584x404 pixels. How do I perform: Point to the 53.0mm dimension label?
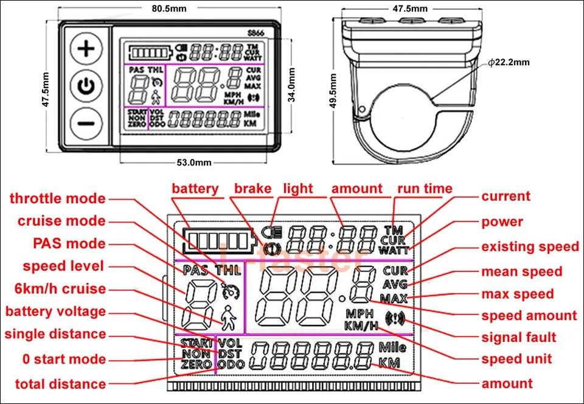pyautogui.click(x=194, y=162)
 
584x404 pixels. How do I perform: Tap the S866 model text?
pyautogui.click(x=255, y=33)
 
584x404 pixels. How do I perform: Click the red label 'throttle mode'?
pyautogui.click(x=57, y=198)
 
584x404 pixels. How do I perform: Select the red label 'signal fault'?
pyautogui.click(x=519, y=336)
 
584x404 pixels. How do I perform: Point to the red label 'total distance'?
pyautogui.click(x=60, y=384)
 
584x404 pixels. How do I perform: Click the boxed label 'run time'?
pyautogui.click(x=425, y=189)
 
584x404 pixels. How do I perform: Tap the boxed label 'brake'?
pyautogui.click(x=252, y=189)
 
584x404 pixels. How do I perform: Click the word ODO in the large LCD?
pyautogui.click(x=229, y=364)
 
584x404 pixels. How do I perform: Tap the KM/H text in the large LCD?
pyautogui.click(x=361, y=326)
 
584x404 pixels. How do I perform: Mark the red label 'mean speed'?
pyautogui.click(x=522, y=271)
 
